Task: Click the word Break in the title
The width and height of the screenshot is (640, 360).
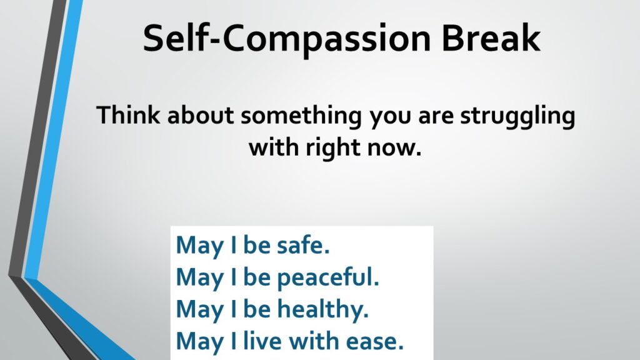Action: [491, 37]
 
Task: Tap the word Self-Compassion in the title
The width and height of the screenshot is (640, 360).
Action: [287, 39]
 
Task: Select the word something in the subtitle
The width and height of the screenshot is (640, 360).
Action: [301, 117]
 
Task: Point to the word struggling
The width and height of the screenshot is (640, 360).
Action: [517, 117]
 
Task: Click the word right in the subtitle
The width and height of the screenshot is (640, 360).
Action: [332, 148]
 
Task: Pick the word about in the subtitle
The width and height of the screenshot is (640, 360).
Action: [201, 115]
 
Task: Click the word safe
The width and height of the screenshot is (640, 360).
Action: [303, 245]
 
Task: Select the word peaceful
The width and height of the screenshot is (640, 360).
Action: [328, 278]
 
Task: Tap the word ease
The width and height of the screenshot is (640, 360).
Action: [375, 342]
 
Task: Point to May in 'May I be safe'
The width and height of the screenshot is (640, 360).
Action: [199, 246]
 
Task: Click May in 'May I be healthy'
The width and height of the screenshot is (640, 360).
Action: [199, 310]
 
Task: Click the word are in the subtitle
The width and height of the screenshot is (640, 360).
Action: [436, 117]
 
